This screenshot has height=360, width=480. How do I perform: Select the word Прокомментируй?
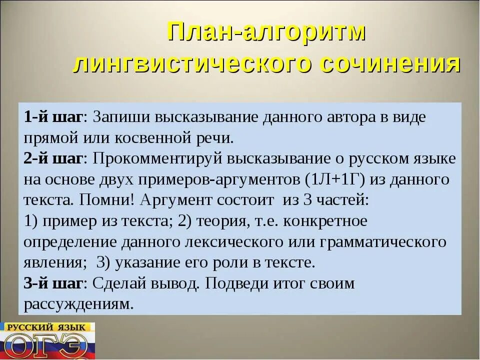tap(157, 158)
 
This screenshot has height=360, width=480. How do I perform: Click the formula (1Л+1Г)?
tap(336, 179)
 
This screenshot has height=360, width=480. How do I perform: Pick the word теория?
tap(220, 221)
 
